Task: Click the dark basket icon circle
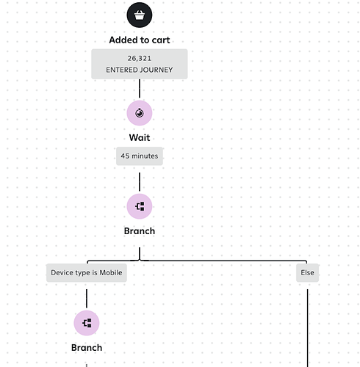click(140, 15)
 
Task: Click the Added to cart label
click(140, 40)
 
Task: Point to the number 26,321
click(140, 58)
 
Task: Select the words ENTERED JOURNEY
click(140, 70)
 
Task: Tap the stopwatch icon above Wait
click(140, 113)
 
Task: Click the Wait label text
click(140, 137)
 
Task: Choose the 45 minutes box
click(140, 156)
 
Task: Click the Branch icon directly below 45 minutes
click(140, 206)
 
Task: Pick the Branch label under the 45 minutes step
click(140, 231)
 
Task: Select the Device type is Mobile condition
click(87, 273)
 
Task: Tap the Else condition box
click(307, 273)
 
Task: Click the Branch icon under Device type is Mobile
click(87, 323)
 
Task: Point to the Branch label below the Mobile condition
click(87, 348)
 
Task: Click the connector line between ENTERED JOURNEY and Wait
click(140, 88)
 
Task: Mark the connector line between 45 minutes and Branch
click(140, 182)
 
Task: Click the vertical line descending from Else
click(308, 328)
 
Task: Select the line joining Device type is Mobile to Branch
click(87, 299)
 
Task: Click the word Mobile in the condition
click(111, 272)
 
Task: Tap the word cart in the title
click(161, 40)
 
